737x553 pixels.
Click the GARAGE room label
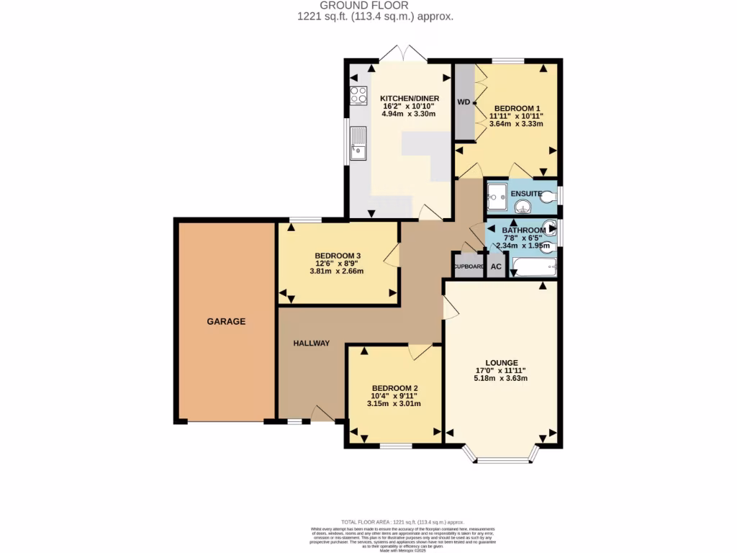tap(227, 321)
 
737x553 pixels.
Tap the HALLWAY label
tap(311, 343)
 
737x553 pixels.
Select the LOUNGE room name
tap(501, 362)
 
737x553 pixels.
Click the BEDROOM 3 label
tap(337, 256)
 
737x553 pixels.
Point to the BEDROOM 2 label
tap(394, 388)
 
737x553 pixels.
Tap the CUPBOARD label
tap(469, 266)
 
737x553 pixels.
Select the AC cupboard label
tap(496, 266)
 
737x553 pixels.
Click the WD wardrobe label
tap(464, 102)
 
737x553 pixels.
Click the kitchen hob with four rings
tap(358, 96)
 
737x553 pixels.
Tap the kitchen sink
tap(358, 143)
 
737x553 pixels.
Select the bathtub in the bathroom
tap(533, 269)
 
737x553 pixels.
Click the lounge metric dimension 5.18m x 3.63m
tap(501, 379)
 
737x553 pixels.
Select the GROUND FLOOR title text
tap(368, 6)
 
